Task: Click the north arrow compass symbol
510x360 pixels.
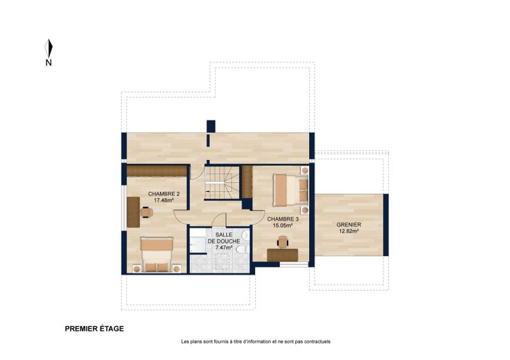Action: pyautogui.click(x=49, y=48)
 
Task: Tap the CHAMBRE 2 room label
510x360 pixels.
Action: pyautogui.click(x=164, y=194)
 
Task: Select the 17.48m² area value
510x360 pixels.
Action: pyautogui.click(x=164, y=201)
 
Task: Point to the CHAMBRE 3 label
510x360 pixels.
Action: pyautogui.click(x=283, y=219)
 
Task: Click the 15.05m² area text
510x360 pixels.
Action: pyautogui.click(x=283, y=226)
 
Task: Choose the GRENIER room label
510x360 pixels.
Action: pyautogui.click(x=349, y=225)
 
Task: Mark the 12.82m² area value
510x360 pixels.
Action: pyautogui.click(x=349, y=231)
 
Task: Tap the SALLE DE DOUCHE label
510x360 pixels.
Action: pyautogui.click(x=224, y=238)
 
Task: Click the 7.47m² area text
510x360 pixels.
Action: pyautogui.click(x=224, y=248)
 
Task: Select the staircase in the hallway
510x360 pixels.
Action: pyautogui.click(x=222, y=183)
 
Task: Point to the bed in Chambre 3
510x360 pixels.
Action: pyautogui.click(x=290, y=190)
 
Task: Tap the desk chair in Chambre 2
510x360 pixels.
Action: pyautogui.click(x=147, y=212)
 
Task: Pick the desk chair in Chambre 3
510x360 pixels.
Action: pyautogui.click(x=283, y=242)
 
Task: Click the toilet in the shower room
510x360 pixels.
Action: pyautogui.click(x=243, y=249)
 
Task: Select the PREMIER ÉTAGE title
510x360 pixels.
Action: pyautogui.click(x=94, y=329)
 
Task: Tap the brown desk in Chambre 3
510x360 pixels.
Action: pyautogui.click(x=283, y=255)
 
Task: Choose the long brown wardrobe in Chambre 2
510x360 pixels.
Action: pyautogui.click(x=157, y=171)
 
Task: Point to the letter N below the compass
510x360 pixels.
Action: pyautogui.click(x=49, y=63)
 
